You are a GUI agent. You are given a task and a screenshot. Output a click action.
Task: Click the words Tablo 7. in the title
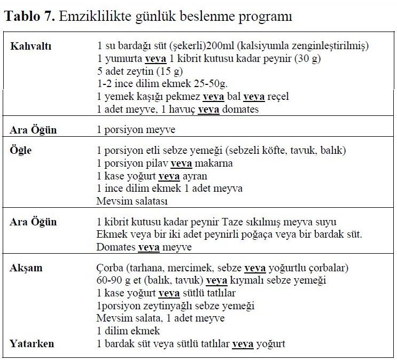(29, 16)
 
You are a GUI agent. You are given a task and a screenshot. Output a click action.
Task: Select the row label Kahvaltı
(30, 46)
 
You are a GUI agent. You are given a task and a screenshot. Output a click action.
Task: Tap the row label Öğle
(21, 150)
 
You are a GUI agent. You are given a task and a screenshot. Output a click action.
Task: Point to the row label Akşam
(26, 268)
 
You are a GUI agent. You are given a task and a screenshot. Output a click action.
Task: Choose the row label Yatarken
(32, 343)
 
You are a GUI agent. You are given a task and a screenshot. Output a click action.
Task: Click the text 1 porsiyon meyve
(136, 130)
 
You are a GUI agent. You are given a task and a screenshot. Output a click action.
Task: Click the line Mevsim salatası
(133, 201)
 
